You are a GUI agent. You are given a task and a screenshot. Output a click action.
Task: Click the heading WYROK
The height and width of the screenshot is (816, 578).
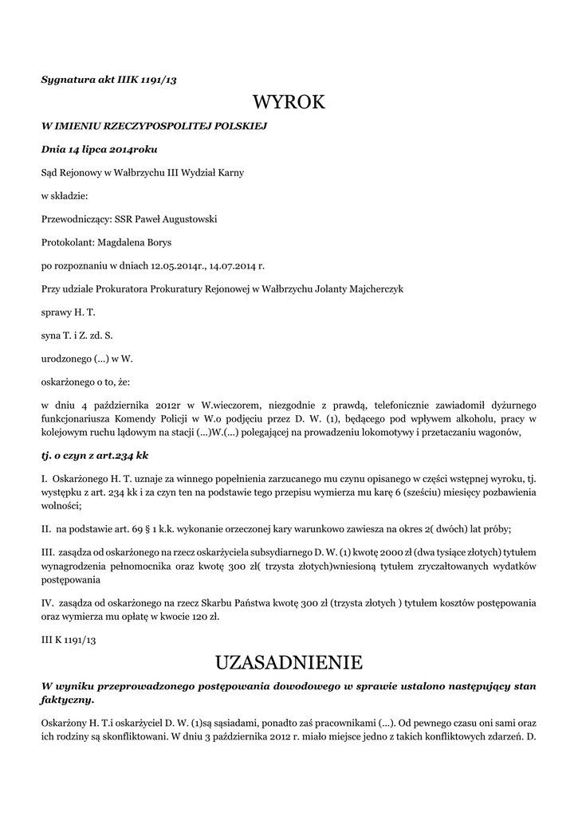click(x=289, y=102)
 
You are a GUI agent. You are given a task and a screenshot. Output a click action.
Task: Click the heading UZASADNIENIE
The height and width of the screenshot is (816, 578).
click(x=289, y=662)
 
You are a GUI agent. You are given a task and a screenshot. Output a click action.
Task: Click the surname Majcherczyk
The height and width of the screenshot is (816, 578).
click(x=373, y=288)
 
